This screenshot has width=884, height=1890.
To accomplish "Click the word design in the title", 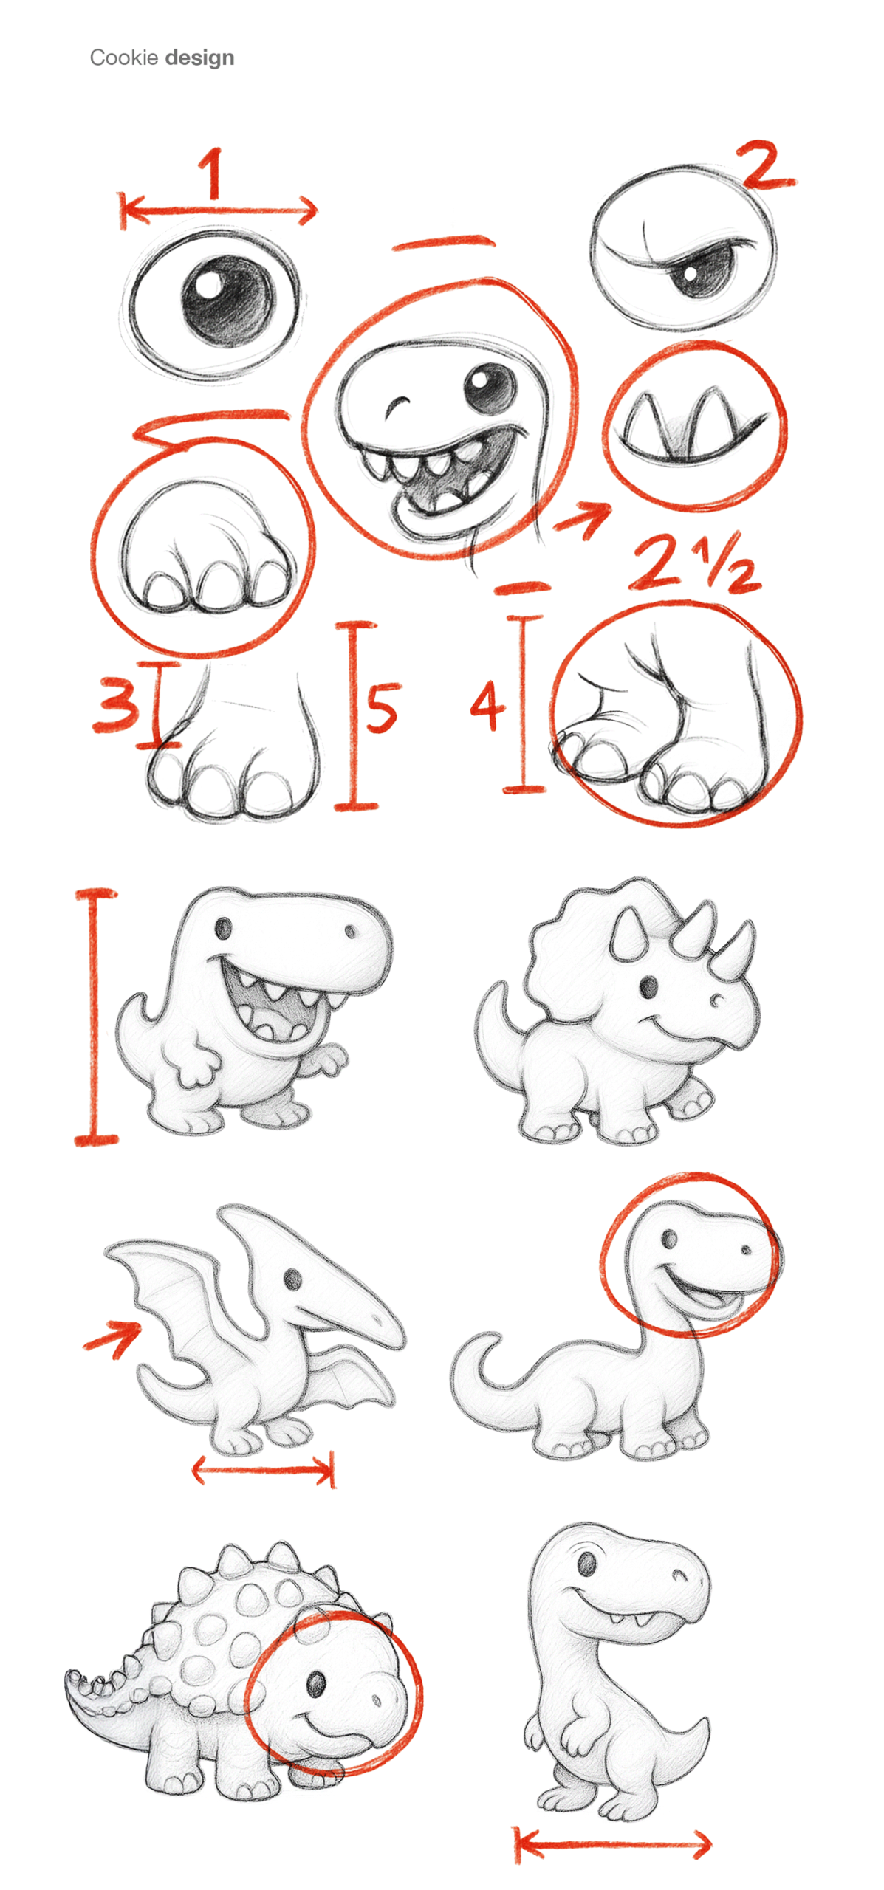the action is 199,58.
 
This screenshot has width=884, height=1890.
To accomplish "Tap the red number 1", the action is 213,173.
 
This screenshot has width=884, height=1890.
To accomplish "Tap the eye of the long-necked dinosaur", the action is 669,1238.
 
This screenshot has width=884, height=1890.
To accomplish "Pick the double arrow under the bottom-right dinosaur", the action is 612,1843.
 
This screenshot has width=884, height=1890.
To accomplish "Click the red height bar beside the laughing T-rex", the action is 95,1017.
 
